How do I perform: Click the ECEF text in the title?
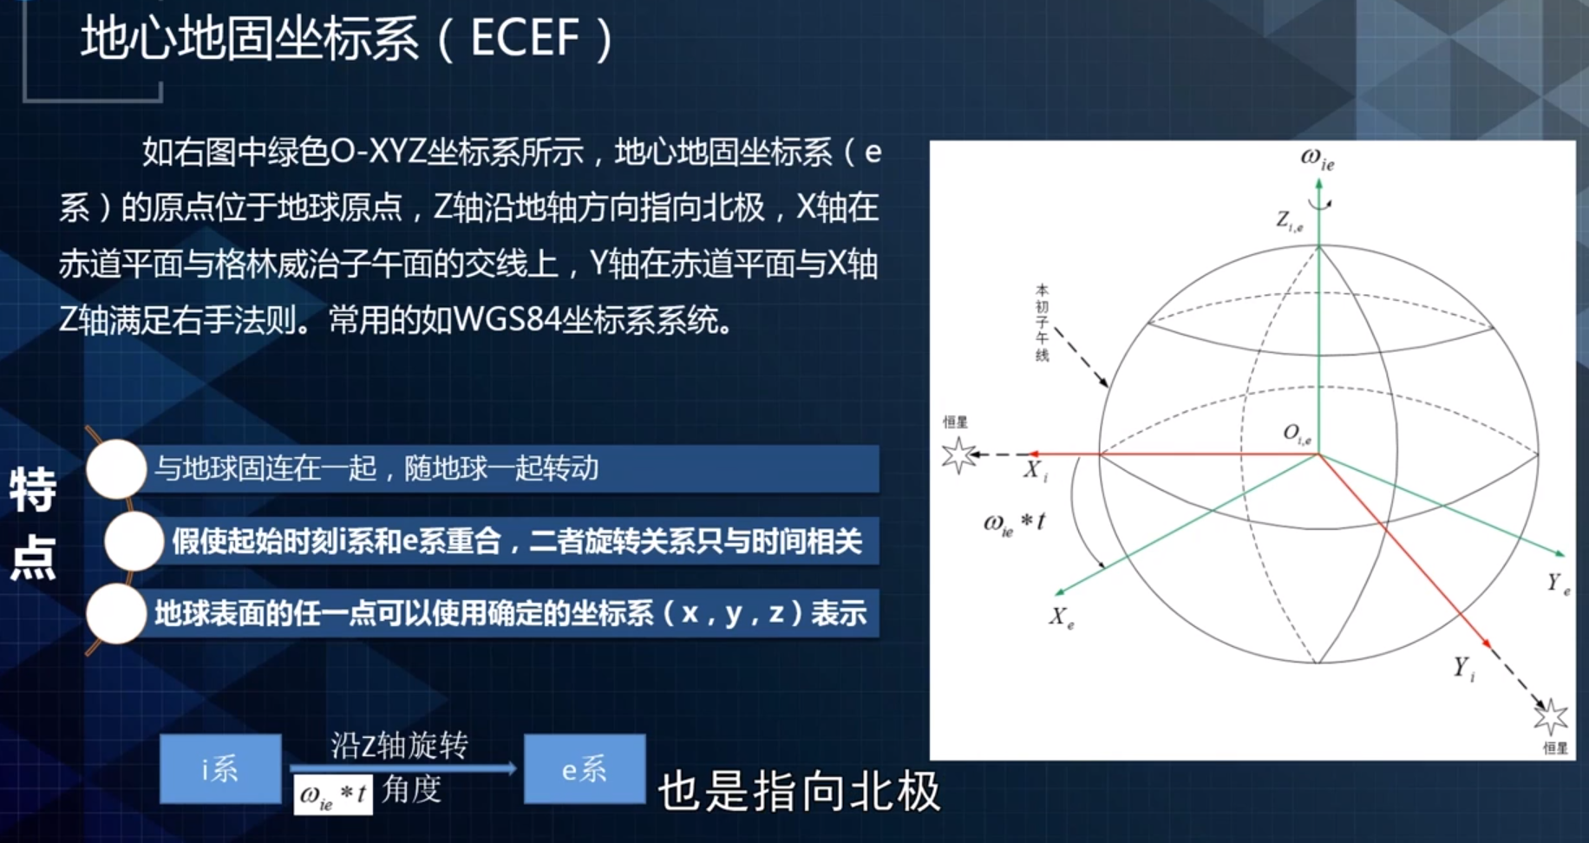525,38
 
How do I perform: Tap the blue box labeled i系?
220,768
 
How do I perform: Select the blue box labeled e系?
585,768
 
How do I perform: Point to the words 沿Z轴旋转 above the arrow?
399,745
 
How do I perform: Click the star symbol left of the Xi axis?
958,454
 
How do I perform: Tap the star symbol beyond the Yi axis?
1551,717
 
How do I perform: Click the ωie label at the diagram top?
1317,159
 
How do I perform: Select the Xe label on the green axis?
1061,618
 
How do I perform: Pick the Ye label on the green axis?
1559,584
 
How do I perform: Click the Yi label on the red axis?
1464,668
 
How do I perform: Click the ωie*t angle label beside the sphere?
1014,523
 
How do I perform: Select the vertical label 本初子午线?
1042,323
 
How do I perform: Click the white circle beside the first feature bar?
116,468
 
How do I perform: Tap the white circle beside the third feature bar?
116,613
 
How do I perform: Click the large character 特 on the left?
33,491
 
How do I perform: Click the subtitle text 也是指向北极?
799,792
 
